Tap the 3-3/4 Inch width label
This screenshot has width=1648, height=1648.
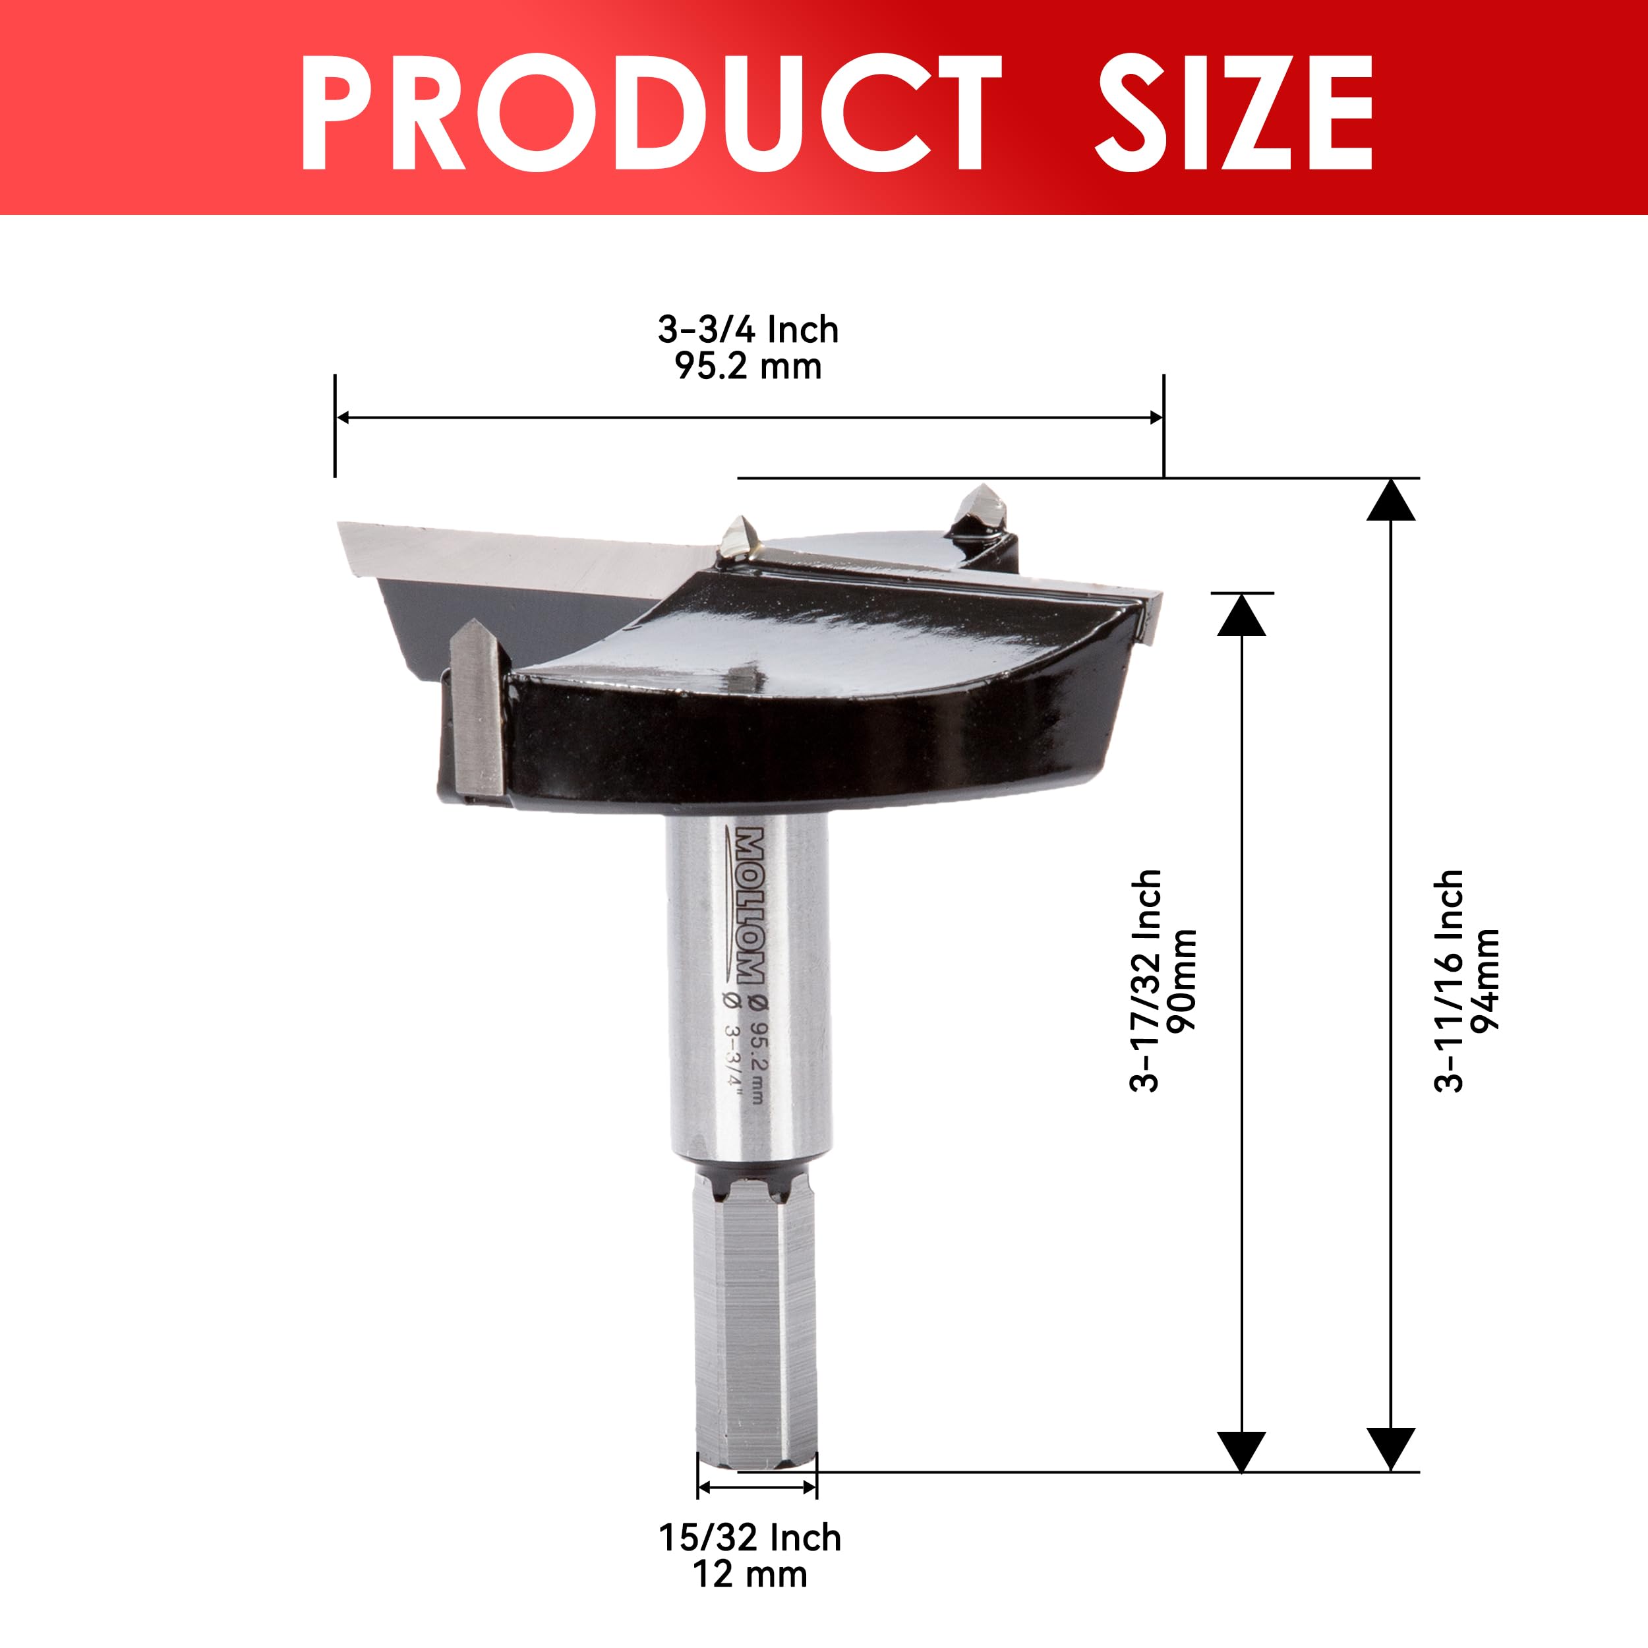tap(748, 330)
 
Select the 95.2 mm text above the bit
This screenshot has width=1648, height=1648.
tap(748, 366)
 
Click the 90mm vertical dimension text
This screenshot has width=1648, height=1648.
tap(1181, 980)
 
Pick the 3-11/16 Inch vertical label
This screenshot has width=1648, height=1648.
tap(1448, 981)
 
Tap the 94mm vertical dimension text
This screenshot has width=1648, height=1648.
tap(1485, 981)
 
